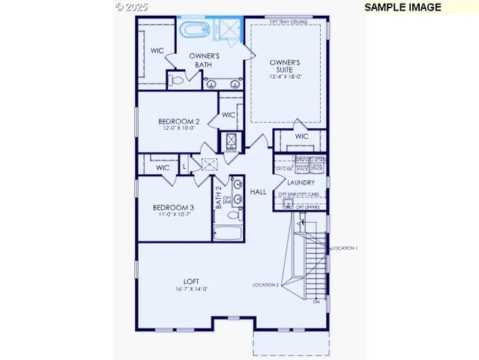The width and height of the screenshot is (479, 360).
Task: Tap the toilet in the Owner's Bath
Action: click(175, 79)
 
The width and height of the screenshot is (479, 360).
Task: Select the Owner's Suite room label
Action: click(285, 67)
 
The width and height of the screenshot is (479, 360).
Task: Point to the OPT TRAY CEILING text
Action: click(289, 21)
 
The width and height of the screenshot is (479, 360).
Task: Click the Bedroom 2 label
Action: click(178, 121)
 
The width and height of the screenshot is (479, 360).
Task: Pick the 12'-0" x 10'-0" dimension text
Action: click(178, 128)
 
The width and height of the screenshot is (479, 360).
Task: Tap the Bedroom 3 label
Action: click(173, 208)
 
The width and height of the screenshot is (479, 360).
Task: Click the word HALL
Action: click(259, 193)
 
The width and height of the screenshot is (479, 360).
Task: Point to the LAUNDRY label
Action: click(301, 182)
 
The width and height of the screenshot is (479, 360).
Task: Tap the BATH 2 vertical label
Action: click(219, 198)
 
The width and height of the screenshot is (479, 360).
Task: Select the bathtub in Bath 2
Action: click(228, 232)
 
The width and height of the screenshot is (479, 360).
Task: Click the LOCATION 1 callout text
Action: click(346, 247)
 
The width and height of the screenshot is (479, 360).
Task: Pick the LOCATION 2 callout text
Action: click(265, 285)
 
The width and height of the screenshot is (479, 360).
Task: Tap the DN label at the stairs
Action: click(316, 302)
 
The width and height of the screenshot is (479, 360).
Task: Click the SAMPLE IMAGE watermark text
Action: click(403, 7)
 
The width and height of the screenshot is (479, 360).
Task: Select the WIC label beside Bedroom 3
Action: click(163, 168)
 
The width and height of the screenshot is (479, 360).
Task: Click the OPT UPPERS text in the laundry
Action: click(309, 206)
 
